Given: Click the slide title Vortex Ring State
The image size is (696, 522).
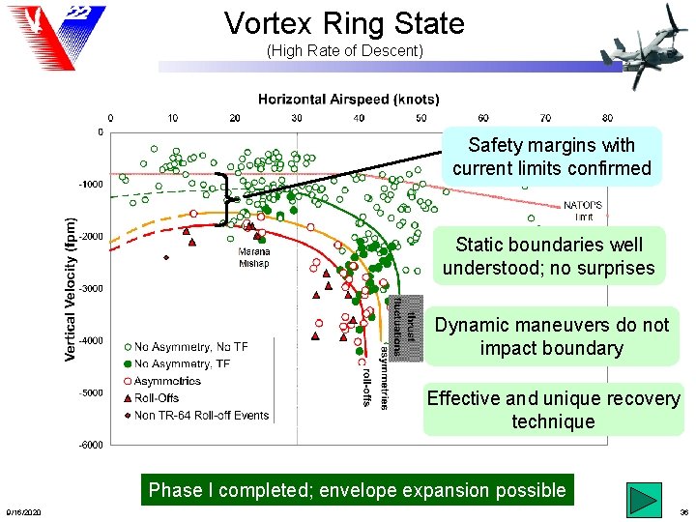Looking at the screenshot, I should (344, 23).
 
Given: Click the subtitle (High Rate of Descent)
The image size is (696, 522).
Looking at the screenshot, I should (344, 50).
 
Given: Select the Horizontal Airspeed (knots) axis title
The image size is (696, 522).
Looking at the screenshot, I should (348, 99).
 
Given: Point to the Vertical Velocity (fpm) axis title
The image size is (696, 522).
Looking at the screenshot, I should (71, 288).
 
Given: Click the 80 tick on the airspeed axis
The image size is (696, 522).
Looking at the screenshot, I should (607, 118).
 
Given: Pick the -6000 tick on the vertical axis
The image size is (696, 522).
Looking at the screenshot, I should (91, 445).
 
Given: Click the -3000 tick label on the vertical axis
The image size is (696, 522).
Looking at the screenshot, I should (91, 288).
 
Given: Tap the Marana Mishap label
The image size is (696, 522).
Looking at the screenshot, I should (253, 257).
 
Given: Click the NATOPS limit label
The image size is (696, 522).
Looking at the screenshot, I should (583, 210).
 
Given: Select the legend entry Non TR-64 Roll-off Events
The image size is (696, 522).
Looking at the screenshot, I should (201, 416).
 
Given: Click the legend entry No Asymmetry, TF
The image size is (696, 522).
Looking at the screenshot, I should (184, 363).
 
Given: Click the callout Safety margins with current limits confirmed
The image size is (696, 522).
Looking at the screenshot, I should (552, 157).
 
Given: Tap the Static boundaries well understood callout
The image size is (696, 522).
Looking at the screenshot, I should (548, 256).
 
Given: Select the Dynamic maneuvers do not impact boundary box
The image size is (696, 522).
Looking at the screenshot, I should (552, 336).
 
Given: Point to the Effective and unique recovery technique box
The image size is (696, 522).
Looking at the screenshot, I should (553, 410).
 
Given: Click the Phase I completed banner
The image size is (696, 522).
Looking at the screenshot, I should (357, 490).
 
